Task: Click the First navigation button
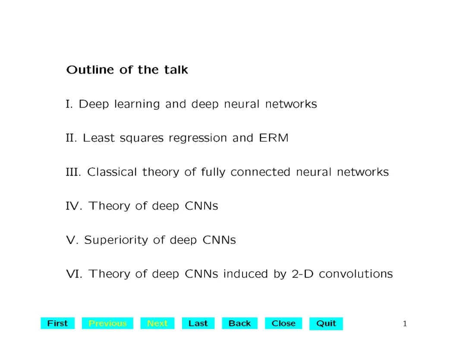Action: tap(57, 323)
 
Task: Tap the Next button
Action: tap(157, 323)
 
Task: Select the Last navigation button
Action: tap(198, 323)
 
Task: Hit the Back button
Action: tap(239, 323)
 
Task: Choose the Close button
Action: tap(283, 323)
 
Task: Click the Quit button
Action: tap(326, 323)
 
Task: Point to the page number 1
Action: tap(405, 324)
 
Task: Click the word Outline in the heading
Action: tap(90, 70)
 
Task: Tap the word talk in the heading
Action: tap(176, 70)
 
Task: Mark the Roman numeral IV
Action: tap(74, 206)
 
